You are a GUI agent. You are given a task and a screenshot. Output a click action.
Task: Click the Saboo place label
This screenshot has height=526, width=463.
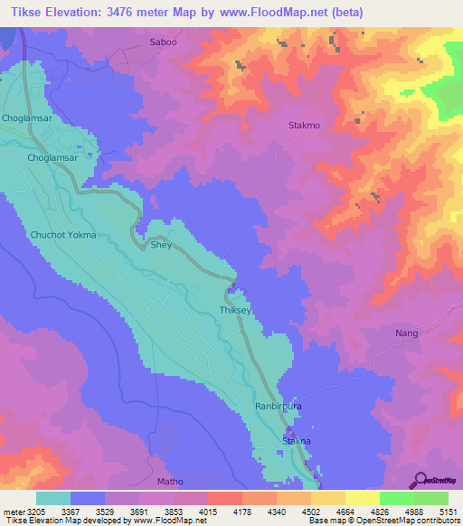coord(164,42)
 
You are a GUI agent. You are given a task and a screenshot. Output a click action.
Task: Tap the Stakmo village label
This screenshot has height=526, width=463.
coord(304,126)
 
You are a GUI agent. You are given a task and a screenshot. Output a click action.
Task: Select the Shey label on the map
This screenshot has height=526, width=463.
coord(161,245)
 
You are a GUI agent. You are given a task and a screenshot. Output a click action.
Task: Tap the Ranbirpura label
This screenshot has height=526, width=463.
coord(278,408)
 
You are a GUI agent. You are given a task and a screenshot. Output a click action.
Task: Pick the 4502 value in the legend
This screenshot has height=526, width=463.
coord(296,511)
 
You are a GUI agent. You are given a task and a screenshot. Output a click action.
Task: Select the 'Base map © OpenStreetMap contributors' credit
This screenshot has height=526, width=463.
coord(383,521)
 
